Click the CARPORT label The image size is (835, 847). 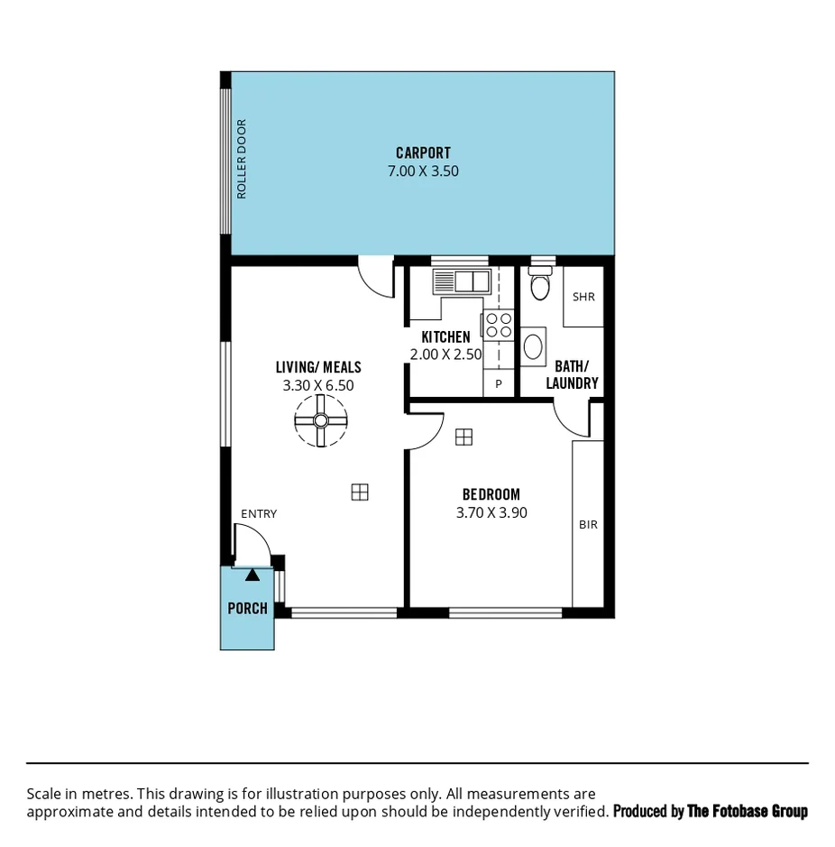423,152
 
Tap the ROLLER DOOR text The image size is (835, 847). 241,160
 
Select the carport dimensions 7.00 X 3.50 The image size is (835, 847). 423,170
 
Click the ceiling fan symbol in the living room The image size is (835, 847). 320,421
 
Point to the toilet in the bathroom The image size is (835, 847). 540,285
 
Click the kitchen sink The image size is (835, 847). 461,281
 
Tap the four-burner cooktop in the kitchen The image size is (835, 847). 499,325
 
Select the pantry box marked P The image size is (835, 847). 498,383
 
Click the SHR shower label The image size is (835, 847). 583,297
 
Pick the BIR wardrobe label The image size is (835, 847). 588,524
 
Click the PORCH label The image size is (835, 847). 247,608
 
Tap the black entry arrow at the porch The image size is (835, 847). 252,574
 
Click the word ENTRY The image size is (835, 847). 259,514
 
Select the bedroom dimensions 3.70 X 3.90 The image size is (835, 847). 491,512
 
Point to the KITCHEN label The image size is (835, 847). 445,337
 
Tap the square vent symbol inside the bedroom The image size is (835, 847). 463,437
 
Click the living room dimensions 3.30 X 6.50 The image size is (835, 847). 318,385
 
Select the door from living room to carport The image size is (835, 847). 376,278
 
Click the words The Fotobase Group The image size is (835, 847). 748,812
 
